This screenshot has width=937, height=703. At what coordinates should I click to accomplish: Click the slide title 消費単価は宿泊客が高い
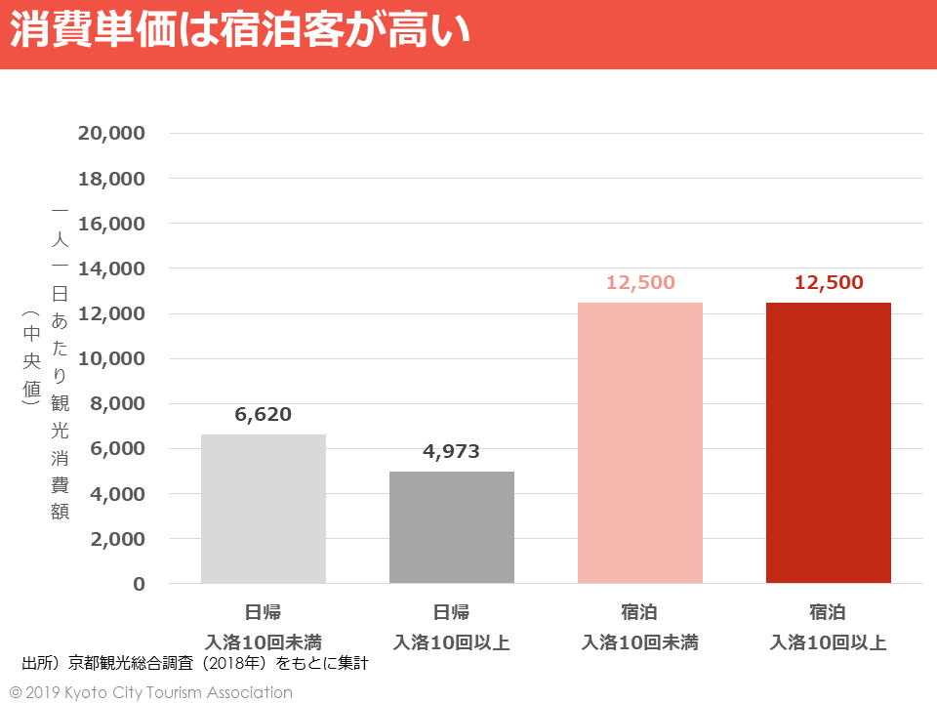click(x=240, y=32)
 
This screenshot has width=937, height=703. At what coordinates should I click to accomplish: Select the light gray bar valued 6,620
click(x=264, y=509)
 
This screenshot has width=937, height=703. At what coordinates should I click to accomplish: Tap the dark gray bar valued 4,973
click(x=452, y=527)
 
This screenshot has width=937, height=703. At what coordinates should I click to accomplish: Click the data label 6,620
click(x=264, y=414)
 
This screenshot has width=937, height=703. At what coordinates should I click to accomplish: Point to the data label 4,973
click(x=452, y=452)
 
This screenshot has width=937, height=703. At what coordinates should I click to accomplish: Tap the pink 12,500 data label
click(x=640, y=283)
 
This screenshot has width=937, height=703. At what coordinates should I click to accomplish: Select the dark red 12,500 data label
click(x=829, y=283)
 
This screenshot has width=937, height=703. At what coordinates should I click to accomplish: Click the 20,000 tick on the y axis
click(x=111, y=134)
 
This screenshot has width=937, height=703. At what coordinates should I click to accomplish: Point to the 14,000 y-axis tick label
click(x=111, y=269)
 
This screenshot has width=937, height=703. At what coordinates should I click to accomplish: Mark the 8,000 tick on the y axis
click(x=117, y=404)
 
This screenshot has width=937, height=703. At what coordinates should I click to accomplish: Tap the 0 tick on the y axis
click(x=139, y=584)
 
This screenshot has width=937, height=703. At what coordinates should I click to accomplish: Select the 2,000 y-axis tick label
click(x=117, y=539)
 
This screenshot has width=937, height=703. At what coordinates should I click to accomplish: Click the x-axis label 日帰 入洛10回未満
click(x=264, y=628)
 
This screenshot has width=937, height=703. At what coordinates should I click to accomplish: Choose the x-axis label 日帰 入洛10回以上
click(x=452, y=628)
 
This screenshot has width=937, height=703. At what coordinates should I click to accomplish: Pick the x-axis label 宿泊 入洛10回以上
click(x=829, y=628)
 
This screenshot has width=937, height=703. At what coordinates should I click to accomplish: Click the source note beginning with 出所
click(x=195, y=664)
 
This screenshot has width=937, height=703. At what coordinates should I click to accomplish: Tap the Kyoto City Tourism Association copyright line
click(x=151, y=692)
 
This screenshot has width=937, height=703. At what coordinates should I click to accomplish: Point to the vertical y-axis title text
click(x=60, y=361)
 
